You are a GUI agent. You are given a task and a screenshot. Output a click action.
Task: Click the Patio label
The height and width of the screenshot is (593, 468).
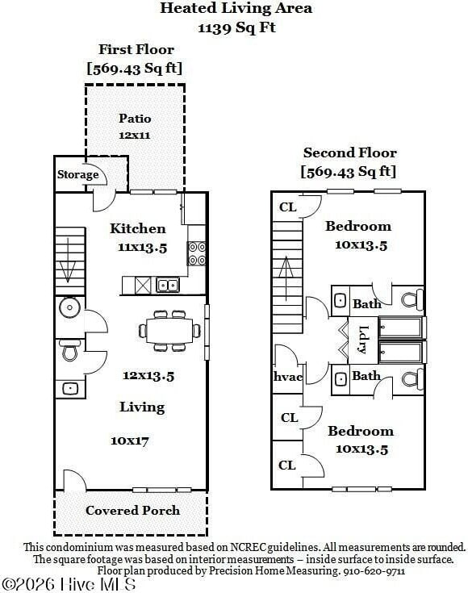click(135, 119)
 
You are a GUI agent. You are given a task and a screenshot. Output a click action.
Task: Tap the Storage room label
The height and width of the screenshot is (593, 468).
click(78, 174)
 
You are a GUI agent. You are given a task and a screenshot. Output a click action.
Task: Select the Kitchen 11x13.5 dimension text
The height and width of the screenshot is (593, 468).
click(142, 248)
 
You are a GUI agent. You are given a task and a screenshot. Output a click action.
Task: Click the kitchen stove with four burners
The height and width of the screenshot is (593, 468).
click(197, 253)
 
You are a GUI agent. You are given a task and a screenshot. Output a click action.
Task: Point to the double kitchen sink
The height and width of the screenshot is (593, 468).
click(168, 285)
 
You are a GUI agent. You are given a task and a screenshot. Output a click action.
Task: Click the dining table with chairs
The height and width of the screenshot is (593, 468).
click(169, 331)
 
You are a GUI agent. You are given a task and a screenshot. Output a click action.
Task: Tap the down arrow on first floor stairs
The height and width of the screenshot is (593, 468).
click(68, 260)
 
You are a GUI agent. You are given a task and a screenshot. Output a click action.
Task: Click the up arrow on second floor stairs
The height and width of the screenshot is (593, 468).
click(286, 278)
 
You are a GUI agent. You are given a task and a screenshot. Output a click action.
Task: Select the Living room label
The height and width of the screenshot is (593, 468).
click(142, 407)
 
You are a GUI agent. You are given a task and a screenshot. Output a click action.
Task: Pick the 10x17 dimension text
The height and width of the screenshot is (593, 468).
click(130, 441)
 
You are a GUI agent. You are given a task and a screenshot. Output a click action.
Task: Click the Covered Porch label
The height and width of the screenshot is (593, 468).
click(133, 511)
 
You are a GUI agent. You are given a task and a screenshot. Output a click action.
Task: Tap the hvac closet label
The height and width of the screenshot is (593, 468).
click(288, 377)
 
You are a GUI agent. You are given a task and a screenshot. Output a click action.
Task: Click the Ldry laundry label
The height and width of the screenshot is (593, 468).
click(362, 340)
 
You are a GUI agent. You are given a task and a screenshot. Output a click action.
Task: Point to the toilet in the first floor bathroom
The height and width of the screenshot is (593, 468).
click(69, 350)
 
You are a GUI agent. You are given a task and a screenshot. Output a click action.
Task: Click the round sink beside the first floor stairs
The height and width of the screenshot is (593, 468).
click(69, 307)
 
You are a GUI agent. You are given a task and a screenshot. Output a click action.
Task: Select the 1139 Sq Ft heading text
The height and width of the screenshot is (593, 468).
click(237, 27)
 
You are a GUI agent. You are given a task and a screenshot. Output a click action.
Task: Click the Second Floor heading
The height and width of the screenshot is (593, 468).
click(350, 152)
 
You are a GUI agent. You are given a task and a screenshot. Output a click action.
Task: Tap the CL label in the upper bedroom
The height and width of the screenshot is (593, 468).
click(288, 207)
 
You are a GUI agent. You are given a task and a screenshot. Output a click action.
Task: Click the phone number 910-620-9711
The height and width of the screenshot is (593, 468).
click(374, 571)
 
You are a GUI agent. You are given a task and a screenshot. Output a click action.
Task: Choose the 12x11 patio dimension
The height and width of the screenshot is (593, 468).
click(135, 136)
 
